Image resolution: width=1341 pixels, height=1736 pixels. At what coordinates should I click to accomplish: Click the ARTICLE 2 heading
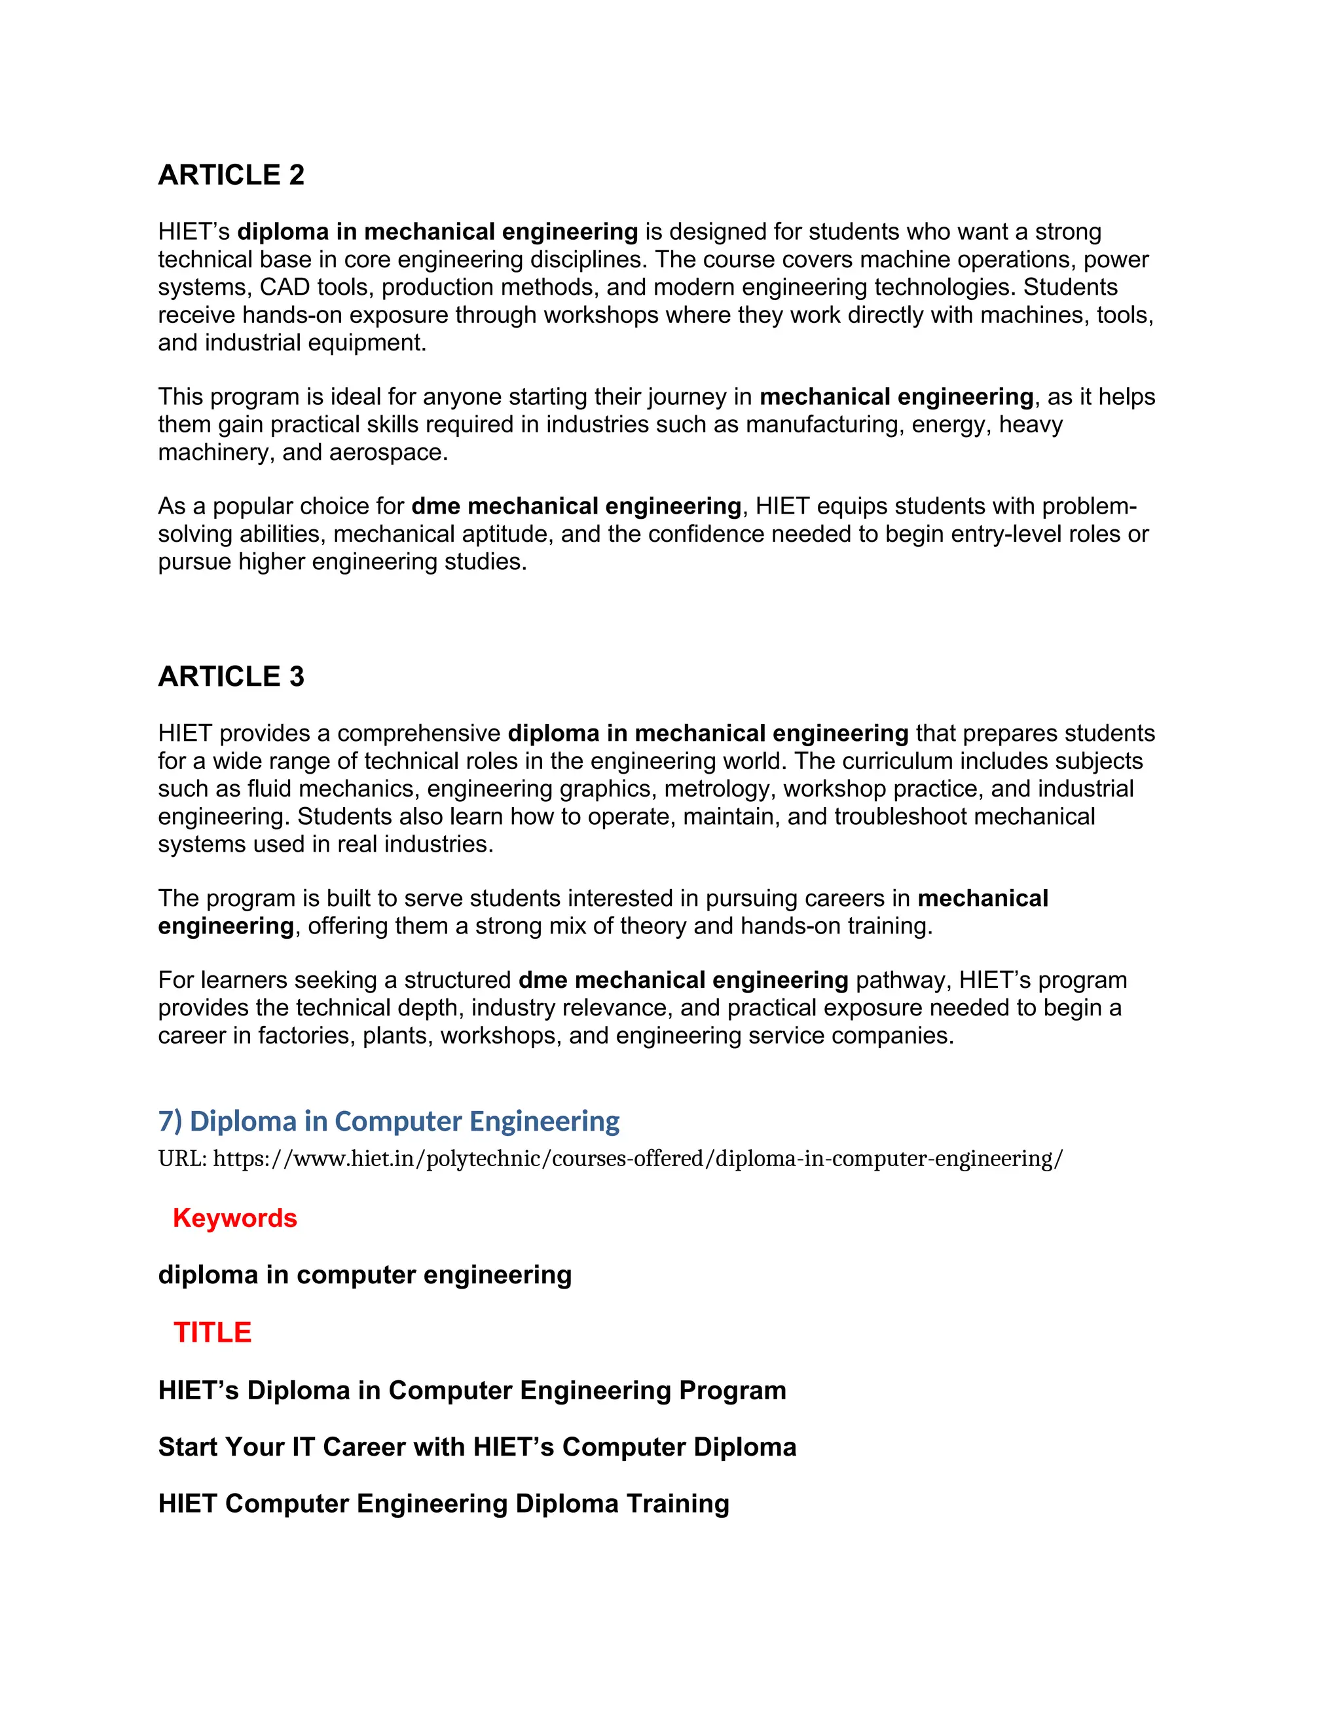231,175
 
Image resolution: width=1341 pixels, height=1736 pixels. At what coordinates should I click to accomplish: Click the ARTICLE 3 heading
231,677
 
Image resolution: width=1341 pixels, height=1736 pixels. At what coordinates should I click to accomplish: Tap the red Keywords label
234,1218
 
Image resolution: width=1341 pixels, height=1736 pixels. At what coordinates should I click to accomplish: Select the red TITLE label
212,1332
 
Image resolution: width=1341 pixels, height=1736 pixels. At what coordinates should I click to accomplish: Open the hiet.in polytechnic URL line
610,1158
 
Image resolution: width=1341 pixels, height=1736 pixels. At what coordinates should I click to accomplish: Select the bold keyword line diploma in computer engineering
365,1275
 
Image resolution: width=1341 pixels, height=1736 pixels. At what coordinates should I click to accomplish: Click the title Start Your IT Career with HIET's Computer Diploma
477,1446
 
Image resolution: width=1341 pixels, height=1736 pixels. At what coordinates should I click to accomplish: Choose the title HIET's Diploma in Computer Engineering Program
472,1390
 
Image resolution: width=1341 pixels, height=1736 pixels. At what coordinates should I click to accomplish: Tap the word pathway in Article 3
903,980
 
